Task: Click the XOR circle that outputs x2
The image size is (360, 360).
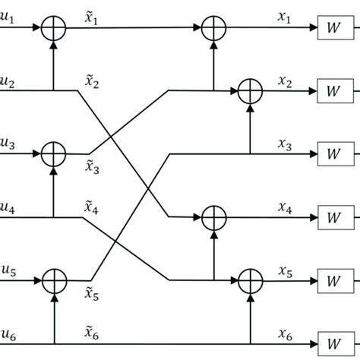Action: [249, 92]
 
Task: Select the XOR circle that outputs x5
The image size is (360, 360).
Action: [249, 279]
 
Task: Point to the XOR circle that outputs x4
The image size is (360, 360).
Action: [213, 216]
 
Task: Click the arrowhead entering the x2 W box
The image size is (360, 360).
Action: [314, 92]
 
